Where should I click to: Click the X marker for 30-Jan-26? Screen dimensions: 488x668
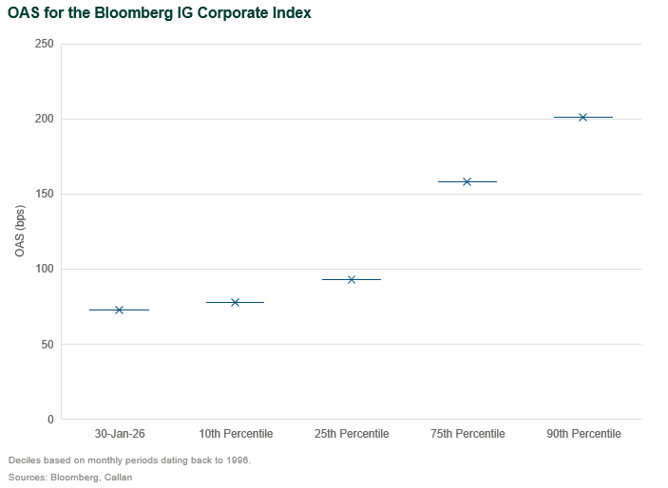coord(119,310)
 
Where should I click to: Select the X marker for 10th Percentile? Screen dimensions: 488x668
coord(235,302)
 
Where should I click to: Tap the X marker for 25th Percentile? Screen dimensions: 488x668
coord(352,279)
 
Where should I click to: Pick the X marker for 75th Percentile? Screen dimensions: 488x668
coord(467,181)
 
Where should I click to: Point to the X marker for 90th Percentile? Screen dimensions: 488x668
coord(582,117)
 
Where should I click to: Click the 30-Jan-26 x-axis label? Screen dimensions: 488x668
coord(119,434)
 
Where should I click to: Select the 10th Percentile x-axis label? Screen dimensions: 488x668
coord(236,434)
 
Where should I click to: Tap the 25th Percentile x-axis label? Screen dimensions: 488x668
coord(352,434)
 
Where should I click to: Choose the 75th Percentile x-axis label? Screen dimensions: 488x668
coord(468,434)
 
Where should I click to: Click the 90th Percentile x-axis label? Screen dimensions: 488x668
coord(583,434)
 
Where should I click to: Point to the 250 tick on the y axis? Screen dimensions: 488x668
coord(44,44)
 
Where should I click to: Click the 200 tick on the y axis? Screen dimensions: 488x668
coord(44,119)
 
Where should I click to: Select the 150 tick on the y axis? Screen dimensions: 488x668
coord(44,194)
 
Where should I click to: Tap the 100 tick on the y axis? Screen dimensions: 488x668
coord(44,269)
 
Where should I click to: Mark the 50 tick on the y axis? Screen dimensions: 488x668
coord(47,344)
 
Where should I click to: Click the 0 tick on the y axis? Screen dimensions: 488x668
coord(49,419)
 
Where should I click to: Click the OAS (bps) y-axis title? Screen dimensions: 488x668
coord(19,231)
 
